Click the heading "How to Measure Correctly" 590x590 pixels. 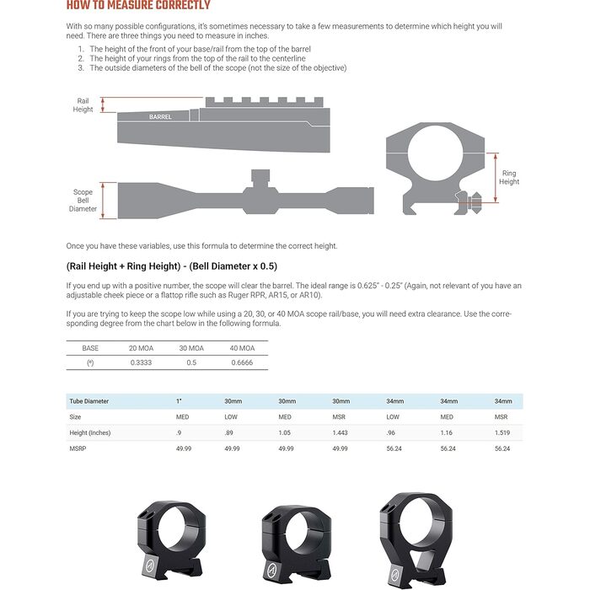tap(138, 6)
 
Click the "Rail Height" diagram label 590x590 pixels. tap(83, 105)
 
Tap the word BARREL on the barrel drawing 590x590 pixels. tap(160, 117)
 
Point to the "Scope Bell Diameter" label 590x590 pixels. tap(83, 201)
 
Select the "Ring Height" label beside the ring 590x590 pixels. tap(509, 178)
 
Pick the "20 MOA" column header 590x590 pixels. tap(142, 347)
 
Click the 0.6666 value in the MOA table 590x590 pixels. tap(242, 362)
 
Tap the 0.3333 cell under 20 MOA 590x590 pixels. tap(142, 362)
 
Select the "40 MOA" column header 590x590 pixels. tap(242, 347)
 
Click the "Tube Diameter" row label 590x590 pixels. tap(89, 401)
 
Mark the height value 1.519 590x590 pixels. tap(503, 432)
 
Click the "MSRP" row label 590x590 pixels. tap(78, 448)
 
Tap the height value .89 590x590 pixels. tap(231, 432)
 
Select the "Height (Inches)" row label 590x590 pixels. tap(90, 432)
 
